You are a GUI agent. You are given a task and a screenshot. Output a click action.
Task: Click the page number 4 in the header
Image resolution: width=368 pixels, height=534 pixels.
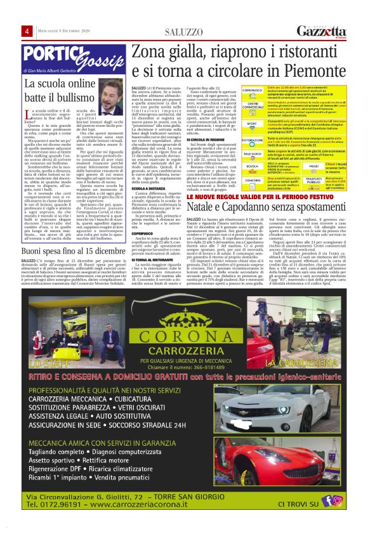click(27, 32)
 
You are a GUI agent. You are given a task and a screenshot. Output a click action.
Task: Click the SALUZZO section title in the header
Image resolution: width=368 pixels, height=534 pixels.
click(185, 32)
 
